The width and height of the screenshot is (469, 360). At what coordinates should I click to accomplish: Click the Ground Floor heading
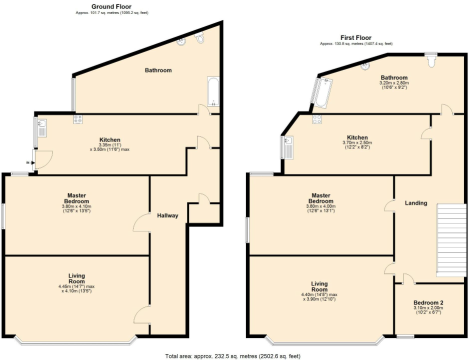(111, 6)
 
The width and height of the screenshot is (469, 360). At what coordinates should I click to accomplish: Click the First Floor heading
(356, 37)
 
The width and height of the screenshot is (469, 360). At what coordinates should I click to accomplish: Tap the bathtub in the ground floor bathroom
(213, 92)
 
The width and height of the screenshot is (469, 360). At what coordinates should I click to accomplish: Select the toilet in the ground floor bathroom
(200, 37)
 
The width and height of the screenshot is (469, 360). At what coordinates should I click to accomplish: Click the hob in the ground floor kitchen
(78, 119)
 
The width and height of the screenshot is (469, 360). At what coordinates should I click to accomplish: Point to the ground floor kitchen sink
(41, 127)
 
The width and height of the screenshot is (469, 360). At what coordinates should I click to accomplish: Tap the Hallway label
(167, 216)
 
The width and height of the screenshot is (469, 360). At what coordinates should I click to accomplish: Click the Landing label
(416, 203)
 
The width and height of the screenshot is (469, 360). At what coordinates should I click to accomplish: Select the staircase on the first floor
(451, 240)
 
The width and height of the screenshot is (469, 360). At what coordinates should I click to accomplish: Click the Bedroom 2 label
(428, 303)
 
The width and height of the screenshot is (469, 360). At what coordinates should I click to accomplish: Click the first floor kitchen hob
(316, 119)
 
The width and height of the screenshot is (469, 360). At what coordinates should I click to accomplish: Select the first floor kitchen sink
(288, 147)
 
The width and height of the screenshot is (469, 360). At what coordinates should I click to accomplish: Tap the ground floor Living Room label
(76, 278)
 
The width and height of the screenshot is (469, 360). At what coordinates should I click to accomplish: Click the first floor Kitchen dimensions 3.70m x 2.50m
(357, 142)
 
